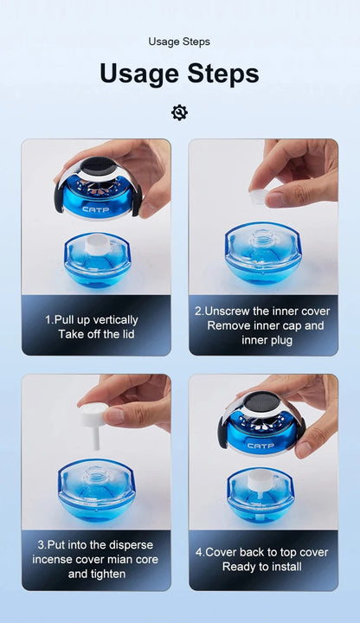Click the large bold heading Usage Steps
[179, 74]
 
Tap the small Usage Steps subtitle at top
[179, 41]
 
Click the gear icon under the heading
[179, 112]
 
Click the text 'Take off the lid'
[96, 334]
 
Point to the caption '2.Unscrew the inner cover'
[262, 311]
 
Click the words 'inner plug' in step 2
[262, 341]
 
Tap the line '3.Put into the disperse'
[96, 544]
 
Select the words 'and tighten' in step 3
[96, 575]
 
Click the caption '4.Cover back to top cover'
[262, 552]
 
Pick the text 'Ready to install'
[262, 567]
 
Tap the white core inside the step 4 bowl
[262, 477]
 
